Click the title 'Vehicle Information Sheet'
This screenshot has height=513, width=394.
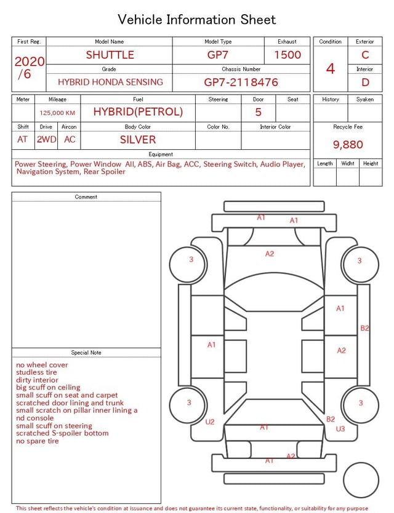point(197,19)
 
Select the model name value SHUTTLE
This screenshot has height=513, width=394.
point(110,55)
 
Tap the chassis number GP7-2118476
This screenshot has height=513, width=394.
point(241,82)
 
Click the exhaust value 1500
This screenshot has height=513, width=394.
point(287,55)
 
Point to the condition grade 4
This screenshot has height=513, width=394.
point(331,68)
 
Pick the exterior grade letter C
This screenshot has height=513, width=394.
point(365,55)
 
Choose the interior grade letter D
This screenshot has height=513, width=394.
point(365,82)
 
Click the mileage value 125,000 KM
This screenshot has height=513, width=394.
point(57,113)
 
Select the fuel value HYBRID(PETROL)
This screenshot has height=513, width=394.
point(138,112)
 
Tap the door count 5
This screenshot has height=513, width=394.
point(259,112)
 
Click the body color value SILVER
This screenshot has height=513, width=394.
point(138,139)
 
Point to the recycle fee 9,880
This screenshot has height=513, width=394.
point(348,144)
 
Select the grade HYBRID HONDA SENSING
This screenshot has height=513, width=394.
point(110,82)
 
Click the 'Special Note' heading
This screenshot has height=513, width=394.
point(86,353)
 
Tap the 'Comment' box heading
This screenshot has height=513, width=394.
point(86,197)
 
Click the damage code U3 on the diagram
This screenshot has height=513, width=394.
point(340,429)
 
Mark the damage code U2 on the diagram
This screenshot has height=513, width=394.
point(210,422)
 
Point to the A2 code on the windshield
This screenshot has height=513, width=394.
point(270,254)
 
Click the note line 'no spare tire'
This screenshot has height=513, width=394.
point(38,441)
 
